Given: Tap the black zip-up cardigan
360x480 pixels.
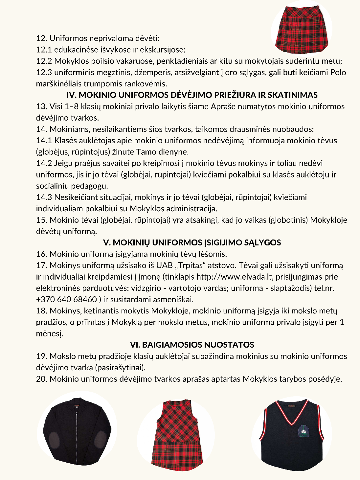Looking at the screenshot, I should (77, 431).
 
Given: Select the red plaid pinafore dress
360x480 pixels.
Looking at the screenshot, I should (177, 434).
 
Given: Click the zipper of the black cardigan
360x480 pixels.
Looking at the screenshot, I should (78, 434).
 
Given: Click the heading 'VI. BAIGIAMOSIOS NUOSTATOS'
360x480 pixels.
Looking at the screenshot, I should (192, 345).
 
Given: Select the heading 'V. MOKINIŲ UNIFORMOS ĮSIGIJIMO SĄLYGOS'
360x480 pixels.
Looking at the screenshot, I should (192, 242).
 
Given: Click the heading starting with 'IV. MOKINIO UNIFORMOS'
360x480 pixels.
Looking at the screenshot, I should (192, 95).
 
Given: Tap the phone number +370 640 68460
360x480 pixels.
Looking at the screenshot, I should (66, 299).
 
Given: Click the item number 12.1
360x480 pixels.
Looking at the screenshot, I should (44, 50).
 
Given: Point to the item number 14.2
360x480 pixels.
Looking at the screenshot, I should (44, 163).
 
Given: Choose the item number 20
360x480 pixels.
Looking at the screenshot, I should (42, 379).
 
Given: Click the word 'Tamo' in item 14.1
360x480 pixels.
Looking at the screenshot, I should (146, 152).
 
